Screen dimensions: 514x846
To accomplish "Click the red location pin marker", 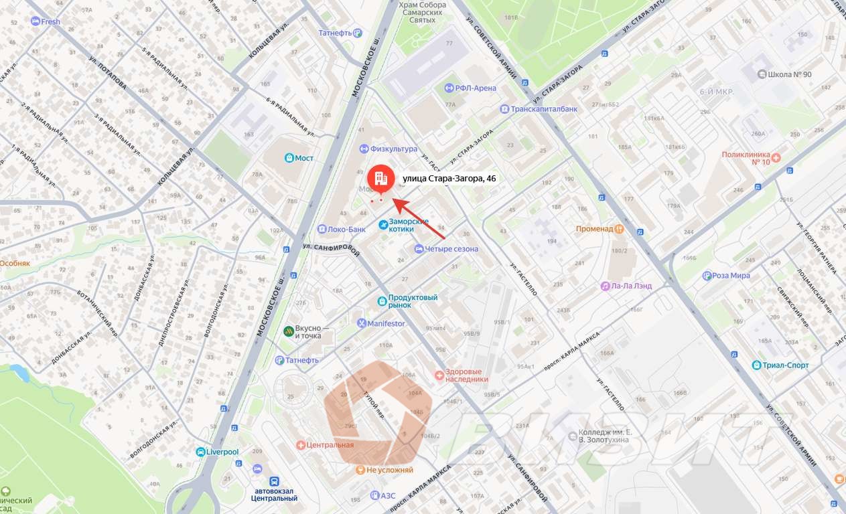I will tap(380, 179).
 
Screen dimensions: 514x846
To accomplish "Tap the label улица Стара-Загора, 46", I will tap(449, 179).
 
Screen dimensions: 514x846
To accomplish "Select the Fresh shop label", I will tap(50, 21).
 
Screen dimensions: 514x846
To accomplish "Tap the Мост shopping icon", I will tap(289, 158).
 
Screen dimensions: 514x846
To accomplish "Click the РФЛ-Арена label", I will tap(476, 88).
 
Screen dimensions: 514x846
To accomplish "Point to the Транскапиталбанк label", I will tap(544, 108).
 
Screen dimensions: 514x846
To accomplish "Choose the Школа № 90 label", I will tap(793, 74).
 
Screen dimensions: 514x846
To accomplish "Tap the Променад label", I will tap(594, 228).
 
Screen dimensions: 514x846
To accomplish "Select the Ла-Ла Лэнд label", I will tap(631, 286).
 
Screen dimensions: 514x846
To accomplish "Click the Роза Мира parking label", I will tap(731, 276).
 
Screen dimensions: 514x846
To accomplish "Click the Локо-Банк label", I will tap(346, 229).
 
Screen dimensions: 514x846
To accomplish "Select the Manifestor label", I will tap(386, 323).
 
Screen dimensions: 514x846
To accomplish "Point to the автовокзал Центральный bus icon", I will tap(274, 481).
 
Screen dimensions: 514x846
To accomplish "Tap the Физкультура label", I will tap(394, 149).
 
